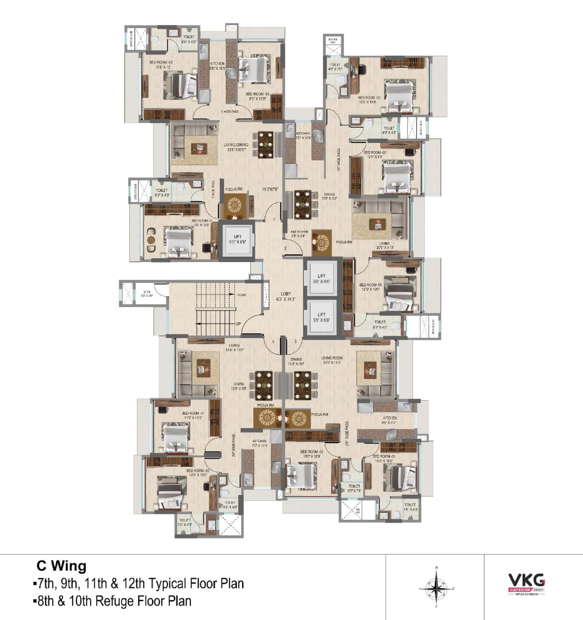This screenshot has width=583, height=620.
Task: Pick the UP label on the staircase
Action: [238, 324]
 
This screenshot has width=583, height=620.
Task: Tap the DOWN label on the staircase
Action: [242, 295]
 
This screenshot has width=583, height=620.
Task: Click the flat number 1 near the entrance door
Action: [274, 220]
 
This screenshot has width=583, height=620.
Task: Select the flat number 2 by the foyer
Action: [285, 248]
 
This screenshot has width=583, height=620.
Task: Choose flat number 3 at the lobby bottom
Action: [296, 341]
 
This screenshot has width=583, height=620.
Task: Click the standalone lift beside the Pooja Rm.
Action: [237, 239]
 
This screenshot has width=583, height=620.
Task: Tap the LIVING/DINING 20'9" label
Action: [236, 147]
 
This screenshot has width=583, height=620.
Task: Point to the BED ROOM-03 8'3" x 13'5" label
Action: [257, 96]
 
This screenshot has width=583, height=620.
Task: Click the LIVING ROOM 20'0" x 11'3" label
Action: [332, 360]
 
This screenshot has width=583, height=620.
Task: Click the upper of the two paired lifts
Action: [322, 279]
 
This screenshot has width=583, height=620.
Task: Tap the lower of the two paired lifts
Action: [322, 317]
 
